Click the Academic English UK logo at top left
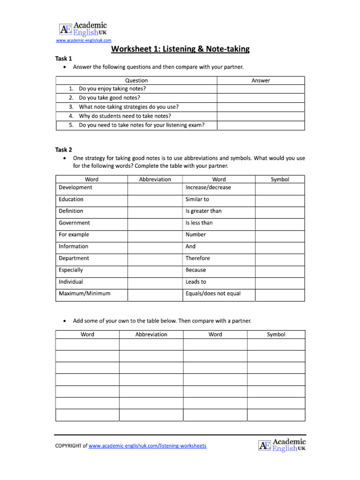(83, 29)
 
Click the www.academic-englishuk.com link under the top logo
(83, 41)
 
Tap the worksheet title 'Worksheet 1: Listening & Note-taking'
(180, 49)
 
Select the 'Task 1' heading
(64, 59)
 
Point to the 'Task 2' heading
(64, 150)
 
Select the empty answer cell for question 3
(261, 107)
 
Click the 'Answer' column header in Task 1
(261, 81)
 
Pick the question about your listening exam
(142, 125)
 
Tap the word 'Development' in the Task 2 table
(75, 187)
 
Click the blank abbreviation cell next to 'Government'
(155, 223)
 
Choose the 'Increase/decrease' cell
(208, 187)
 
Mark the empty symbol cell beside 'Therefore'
(280, 258)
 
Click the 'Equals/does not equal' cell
(213, 294)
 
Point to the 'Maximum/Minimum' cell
(85, 294)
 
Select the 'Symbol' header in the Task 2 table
(280, 180)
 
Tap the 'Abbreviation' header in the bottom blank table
(151, 335)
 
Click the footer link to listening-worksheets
(147, 446)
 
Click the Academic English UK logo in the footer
(282, 445)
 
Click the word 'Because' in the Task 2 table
(195, 270)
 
